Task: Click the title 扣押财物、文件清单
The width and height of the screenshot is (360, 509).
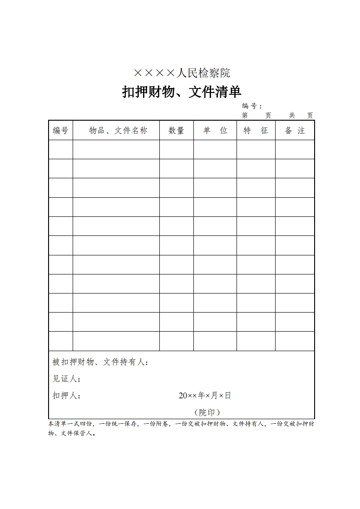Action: tap(182, 92)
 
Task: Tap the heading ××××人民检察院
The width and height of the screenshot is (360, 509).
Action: tap(182, 73)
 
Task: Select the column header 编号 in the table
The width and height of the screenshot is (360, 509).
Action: tap(60, 131)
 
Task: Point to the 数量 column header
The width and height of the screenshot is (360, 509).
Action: tap(176, 131)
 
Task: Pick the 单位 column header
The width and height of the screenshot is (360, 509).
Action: tap(215, 131)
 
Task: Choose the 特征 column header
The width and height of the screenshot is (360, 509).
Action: tap(256, 131)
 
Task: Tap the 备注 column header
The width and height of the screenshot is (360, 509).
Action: tap(295, 131)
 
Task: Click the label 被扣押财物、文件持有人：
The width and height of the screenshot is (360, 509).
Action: tap(100, 362)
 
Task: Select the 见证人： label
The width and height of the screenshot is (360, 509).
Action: tap(67, 379)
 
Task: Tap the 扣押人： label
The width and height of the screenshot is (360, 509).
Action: tap(67, 396)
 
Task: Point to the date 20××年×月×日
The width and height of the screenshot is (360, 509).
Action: tap(205, 396)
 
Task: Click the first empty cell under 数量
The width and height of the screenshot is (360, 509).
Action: tap(176, 149)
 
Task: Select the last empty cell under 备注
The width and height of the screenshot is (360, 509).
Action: tap(295, 341)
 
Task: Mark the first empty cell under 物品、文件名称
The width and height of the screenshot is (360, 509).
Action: tap(116, 149)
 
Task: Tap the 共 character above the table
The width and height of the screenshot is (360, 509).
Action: tap(292, 116)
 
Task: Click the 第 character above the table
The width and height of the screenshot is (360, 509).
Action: tap(245, 116)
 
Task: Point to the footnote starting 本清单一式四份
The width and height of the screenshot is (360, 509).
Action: tap(181, 428)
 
